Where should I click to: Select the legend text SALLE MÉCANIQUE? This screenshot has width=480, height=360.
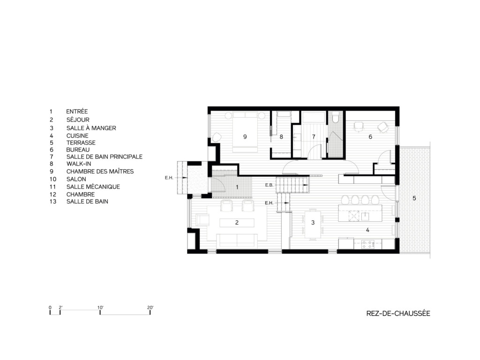click(x=93, y=187)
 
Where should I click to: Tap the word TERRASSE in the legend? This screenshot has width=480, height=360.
click(x=81, y=142)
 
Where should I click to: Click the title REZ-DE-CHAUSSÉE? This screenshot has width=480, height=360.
click(x=398, y=314)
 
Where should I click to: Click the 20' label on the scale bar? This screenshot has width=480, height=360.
click(x=150, y=307)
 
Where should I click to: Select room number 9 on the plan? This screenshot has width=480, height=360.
click(x=245, y=136)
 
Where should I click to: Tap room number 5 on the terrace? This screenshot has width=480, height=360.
click(x=414, y=198)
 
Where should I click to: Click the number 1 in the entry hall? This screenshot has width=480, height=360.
click(x=237, y=187)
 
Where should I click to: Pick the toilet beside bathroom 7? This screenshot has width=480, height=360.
click(x=335, y=120)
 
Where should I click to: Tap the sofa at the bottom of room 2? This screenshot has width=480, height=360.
click(x=237, y=240)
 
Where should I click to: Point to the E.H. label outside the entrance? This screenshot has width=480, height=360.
click(x=169, y=178)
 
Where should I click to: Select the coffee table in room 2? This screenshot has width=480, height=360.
click(x=237, y=223)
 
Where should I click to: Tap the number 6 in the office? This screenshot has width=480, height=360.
click(x=370, y=137)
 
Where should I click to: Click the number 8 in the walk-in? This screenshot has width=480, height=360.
click(x=281, y=137)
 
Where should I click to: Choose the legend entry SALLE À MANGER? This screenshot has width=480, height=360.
click(x=91, y=128)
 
